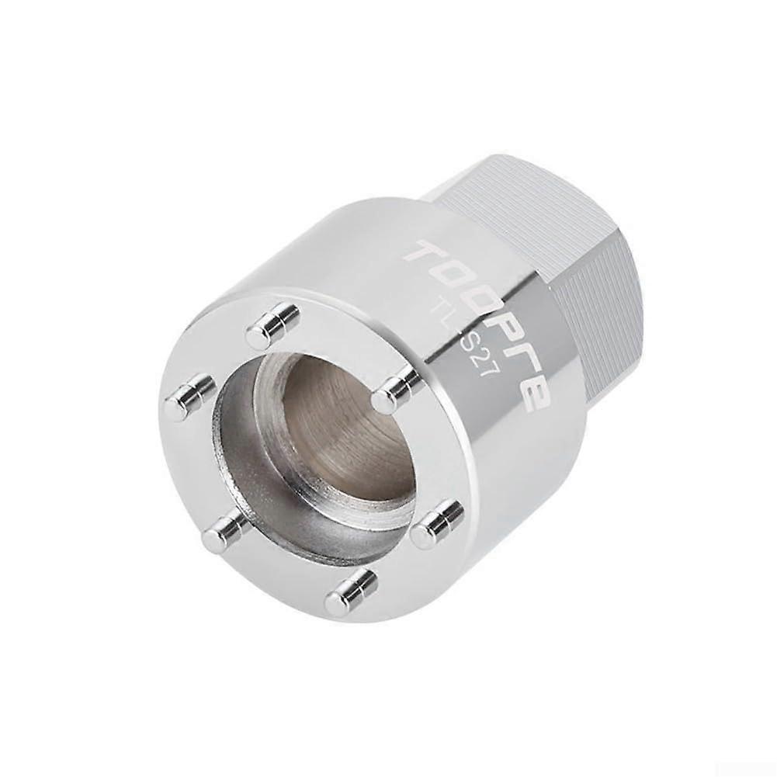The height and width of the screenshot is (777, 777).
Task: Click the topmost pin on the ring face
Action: [272, 325]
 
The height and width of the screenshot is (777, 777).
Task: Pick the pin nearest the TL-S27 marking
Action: [396, 390]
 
